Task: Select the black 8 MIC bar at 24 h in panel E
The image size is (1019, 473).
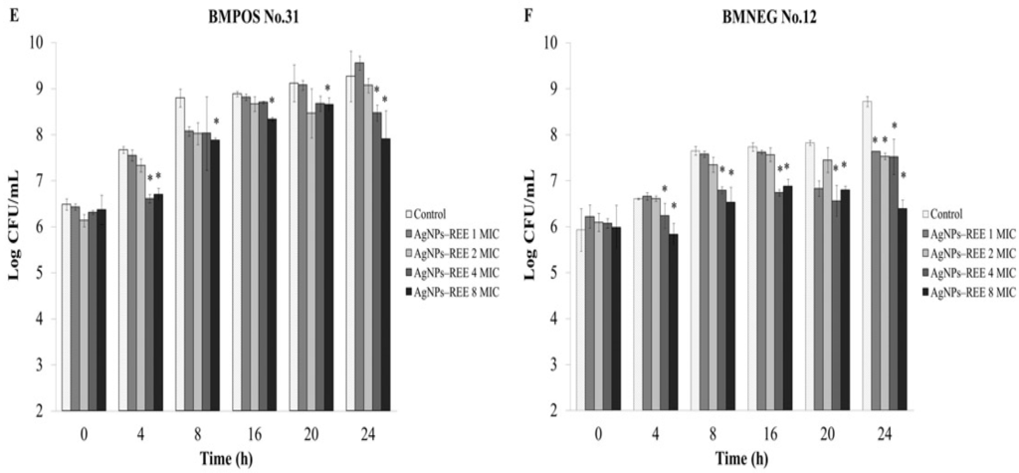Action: click(x=385, y=274)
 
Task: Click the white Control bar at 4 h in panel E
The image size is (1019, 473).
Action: click(x=123, y=280)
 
